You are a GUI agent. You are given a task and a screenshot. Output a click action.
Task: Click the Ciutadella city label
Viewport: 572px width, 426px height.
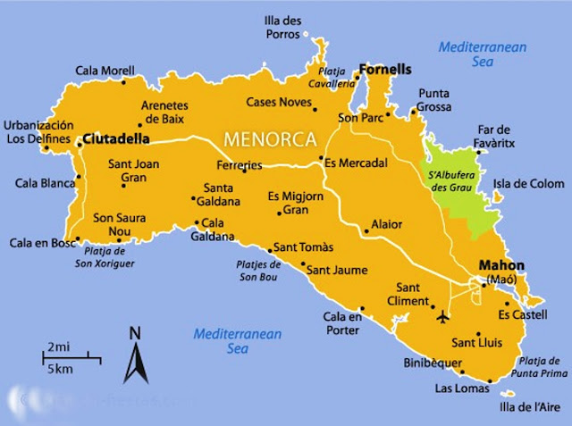click(x=114, y=140)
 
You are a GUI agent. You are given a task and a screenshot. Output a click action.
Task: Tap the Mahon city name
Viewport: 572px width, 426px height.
click(x=501, y=265)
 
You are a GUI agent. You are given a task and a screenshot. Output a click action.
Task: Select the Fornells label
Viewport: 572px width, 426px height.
click(x=387, y=68)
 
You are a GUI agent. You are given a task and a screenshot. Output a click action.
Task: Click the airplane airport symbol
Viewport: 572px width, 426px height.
click(x=444, y=316)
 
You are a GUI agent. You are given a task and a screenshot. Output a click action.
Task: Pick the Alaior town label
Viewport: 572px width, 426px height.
click(x=386, y=224)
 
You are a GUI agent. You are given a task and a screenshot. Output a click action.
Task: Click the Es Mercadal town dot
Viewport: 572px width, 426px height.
click(x=320, y=160)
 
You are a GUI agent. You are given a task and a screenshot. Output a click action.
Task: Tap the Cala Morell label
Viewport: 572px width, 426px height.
click(x=105, y=71)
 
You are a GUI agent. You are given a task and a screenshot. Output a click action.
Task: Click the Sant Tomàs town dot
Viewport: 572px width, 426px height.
click(x=269, y=249)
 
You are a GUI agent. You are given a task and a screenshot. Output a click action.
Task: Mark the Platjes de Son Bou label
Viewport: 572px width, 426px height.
click(x=259, y=271)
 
